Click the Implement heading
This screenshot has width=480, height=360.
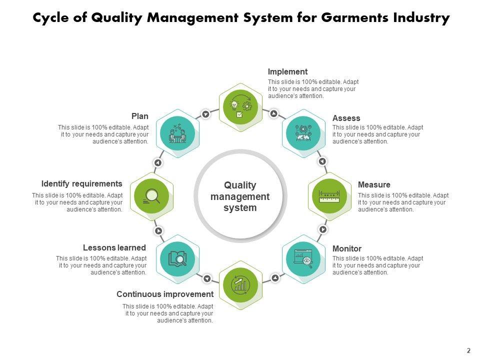(x=287, y=71)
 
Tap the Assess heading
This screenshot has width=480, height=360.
(x=346, y=118)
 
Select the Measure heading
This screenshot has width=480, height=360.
(x=374, y=185)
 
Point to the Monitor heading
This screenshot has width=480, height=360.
(x=346, y=248)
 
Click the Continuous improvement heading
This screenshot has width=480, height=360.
(x=165, y=294)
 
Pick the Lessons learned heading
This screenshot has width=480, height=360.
(x=114, y=248)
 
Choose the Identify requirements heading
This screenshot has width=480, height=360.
(x=81, y=184)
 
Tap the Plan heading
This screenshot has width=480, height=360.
(x=140, y=116)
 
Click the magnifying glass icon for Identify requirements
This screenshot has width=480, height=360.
(x=151, y=195)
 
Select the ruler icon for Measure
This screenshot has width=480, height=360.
(x=329, y=195)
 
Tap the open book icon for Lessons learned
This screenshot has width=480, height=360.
(x=178, y=258)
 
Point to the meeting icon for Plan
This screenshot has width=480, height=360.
(x=178, y=132)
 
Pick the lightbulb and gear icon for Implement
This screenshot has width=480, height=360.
(x=240, y=106)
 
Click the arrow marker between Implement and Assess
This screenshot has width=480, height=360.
(x=273, y=113)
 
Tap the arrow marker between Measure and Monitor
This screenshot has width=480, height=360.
(x=323, y=229)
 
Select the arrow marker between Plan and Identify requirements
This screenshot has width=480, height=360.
(x=158, y=163)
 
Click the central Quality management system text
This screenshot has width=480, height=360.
(x=240, y=196)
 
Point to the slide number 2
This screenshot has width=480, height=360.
(x=468, y=350)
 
